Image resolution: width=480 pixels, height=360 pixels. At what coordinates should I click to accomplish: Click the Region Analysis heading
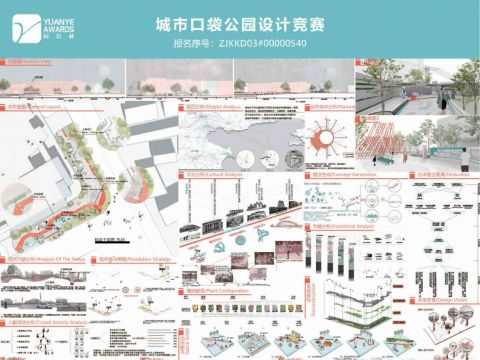(x=206, y=104)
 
